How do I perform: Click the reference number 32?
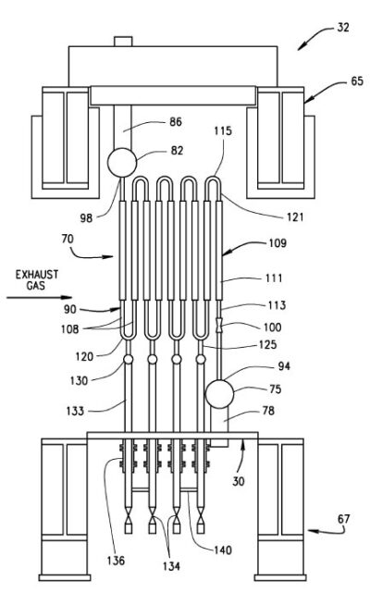click(343, 28)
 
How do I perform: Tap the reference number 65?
click(357, 81)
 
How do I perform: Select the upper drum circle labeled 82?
click(122, 163)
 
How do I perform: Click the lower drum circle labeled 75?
click(219, 394)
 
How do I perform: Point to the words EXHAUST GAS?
click(37, 280)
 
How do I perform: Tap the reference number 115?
click(223, 130)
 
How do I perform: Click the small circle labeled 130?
click(129, 360)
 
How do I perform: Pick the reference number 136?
click(116, 561)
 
